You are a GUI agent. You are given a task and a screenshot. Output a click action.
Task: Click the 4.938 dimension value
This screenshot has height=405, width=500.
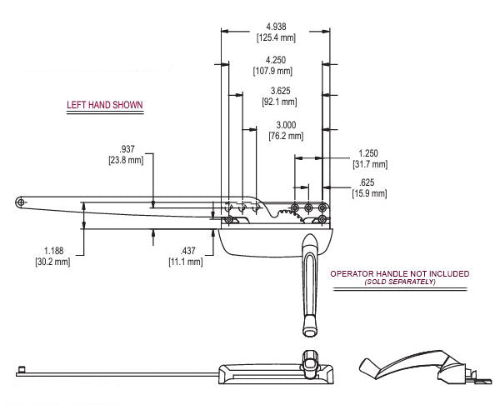tap(276, 27)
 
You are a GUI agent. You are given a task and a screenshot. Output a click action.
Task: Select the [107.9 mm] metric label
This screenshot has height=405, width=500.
tap(272, 71)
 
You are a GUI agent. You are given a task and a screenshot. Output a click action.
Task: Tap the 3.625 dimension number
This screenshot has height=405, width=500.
tap(281, 91)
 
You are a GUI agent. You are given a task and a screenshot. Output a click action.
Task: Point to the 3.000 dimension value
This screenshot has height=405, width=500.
tap(286, 125)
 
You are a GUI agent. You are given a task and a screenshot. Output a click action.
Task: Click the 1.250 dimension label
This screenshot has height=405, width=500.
tap(368, 153)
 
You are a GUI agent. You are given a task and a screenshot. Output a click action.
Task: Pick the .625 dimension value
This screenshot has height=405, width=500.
tap(367, 182)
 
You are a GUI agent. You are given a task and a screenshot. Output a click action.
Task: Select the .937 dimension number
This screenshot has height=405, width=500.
tap(127, 149)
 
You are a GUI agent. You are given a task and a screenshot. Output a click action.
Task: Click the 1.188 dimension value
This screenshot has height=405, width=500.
tap(53, 251)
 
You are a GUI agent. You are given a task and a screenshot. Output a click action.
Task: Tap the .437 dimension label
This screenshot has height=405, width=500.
tap(187, 251)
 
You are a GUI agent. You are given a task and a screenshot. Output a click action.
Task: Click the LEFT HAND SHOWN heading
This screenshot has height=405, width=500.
tap(105, 105)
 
